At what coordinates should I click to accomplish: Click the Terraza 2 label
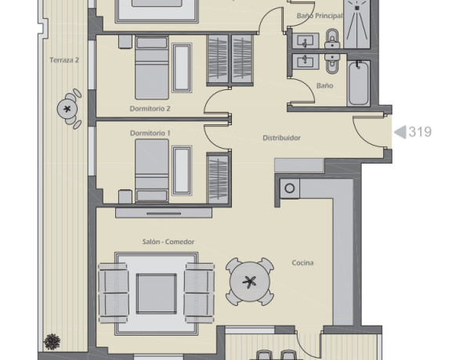click(64, 60)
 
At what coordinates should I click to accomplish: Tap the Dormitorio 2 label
click(150, 109)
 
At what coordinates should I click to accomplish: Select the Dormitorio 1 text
click(150, 133)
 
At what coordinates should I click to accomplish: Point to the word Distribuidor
click(281, 138)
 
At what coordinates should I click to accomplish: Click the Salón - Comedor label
click(168, 242)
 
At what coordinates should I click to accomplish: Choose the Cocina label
click(302, 263)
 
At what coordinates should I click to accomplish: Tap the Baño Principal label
click(320, 16)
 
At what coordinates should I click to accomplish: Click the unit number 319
click(420, 131)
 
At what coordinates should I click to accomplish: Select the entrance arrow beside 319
click(399, 132)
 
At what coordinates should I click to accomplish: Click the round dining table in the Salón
click(250, 282)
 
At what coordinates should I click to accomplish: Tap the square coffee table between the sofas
click(157, 293)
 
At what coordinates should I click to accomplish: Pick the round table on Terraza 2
click(67, 109)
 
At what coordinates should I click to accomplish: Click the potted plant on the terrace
click(52, 342)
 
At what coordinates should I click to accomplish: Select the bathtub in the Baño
click(359, 83)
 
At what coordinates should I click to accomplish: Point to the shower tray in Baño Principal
click(356, 24)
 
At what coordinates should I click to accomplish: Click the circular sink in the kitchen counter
click(290, 189)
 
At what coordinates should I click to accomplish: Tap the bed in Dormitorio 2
click(152, 67)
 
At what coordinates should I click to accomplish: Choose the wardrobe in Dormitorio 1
click(218, 178)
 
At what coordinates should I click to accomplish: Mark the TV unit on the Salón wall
click(164, 213)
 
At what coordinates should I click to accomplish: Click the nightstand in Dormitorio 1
click(125, 196)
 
